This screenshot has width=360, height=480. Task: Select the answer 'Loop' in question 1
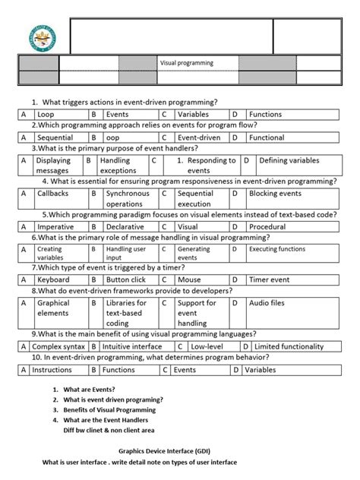point(47,114)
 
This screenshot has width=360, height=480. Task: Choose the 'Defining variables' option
point(289,161)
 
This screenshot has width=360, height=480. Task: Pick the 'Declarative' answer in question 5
point(125,226)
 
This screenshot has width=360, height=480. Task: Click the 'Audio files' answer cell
point(267,303)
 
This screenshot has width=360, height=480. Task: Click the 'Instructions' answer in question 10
point(52,370)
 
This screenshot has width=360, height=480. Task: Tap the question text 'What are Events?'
point(90,389)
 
